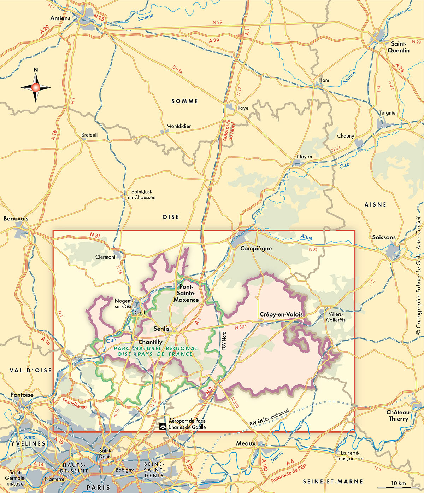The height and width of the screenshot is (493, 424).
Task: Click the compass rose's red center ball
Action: click(36, 87)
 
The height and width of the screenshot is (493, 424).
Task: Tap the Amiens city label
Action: click(60, 18)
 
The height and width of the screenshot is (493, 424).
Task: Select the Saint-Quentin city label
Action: click(399, 47)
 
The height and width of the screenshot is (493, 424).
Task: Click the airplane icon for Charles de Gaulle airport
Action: click(163, 426)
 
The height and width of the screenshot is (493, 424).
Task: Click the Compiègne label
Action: click(256, 248)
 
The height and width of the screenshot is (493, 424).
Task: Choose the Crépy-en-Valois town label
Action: click(281, 314)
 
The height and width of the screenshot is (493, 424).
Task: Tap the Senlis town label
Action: click(161, 329)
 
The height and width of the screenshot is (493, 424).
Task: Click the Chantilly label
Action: click(150, 342)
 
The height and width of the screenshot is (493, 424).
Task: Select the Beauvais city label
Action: click(16, 219)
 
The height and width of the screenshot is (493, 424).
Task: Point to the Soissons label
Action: click(384, 237)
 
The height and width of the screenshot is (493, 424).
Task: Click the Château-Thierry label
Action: click(399, 416)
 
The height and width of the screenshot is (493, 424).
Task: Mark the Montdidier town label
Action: click(178, 126)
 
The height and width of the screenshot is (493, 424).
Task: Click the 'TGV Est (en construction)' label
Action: click(269, 418)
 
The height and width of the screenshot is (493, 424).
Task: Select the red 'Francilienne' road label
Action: click(74, 403)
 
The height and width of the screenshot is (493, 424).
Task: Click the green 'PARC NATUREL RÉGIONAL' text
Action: click(156, 348)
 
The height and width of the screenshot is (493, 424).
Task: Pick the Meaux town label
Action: click(246, 443)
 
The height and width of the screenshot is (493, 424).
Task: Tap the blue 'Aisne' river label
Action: click(306, 237)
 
